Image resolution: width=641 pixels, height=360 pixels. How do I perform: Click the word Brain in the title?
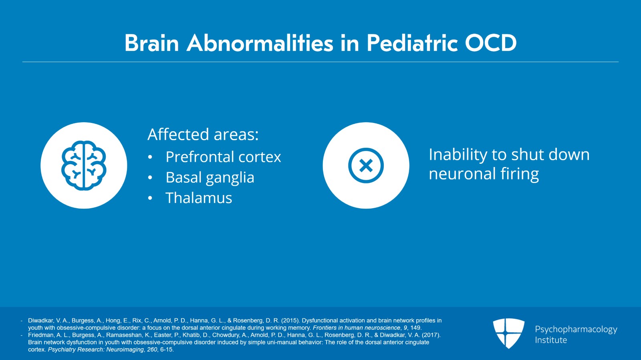point(151,43)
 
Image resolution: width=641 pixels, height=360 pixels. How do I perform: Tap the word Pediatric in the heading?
point(412,43)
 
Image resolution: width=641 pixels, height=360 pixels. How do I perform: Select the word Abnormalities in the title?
point(260,43)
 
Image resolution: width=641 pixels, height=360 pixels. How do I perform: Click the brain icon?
point(84,165)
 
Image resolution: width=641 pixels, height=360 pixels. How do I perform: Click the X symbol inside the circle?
point(366,165)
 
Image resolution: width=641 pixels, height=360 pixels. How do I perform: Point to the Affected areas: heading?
point(203,135)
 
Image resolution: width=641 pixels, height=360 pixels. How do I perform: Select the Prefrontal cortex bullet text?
point(223,157)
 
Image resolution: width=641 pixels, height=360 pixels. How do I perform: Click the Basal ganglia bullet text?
point(210,177)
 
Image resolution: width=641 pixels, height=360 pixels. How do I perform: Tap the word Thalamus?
point(199,198)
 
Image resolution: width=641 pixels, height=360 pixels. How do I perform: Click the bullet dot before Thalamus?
point(150,198)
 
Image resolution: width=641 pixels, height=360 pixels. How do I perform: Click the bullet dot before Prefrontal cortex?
point(150,157)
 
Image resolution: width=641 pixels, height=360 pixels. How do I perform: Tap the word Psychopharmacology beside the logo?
point(576,329)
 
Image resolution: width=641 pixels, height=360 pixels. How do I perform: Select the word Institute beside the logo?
point(551,340)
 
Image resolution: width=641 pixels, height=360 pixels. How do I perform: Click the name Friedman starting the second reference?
point(40,335)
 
